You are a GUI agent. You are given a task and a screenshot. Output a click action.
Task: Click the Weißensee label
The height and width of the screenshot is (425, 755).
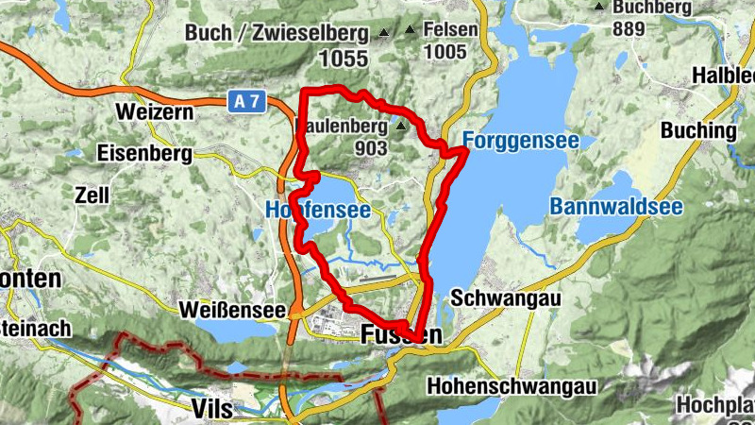click(233, 310)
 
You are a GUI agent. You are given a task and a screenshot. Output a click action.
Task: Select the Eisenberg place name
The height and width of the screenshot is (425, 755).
click(144, 152)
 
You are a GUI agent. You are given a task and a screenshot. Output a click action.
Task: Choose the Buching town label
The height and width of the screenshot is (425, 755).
click(698, 130)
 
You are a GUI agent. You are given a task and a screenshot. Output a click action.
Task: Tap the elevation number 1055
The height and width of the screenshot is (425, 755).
click(342, 58)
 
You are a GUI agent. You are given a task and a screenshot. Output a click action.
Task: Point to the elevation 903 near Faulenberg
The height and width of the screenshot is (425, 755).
click(374, 148)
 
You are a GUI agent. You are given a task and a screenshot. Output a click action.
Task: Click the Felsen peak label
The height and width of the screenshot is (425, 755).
click(449, 30)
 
